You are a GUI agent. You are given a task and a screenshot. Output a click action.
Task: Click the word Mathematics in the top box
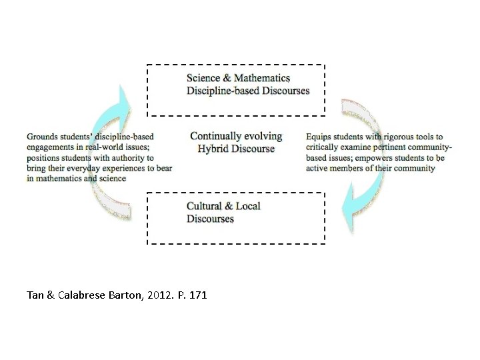coord(262,79)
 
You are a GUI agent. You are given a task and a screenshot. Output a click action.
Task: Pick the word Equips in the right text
coord(319,137)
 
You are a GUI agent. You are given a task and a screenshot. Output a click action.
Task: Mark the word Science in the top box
coord(203,79)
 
